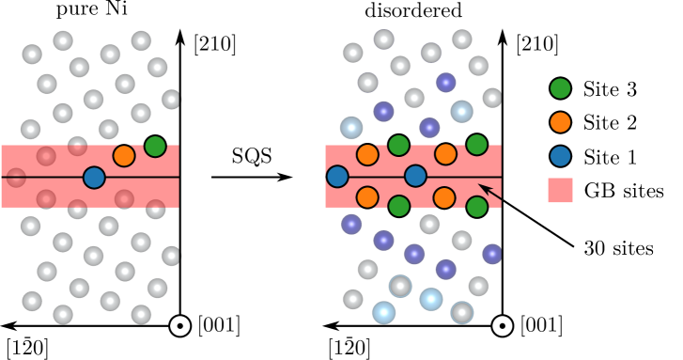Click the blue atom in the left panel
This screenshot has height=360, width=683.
point(94,177)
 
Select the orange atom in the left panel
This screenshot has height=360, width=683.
point(124,156)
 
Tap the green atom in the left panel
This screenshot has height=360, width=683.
point(155,146)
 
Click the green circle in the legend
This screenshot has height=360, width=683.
point(560,88)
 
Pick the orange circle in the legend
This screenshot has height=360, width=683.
point(560,122)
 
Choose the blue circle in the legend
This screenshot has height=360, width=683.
point(560,156)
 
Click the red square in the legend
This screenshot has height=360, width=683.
point(560,190)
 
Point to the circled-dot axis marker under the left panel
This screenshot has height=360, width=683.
point(179,326)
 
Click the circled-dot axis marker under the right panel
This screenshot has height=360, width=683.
point(502,326)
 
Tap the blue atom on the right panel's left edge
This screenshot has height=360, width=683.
point(337,176)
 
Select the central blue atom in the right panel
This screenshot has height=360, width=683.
point(415,176)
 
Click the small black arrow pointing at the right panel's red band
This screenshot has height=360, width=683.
point(489,191)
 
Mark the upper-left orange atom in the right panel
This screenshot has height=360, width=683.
point(367,154)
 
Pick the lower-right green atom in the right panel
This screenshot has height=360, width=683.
point(476,207)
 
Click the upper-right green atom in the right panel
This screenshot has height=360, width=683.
point(476,144)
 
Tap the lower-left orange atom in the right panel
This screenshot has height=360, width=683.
point(367,197)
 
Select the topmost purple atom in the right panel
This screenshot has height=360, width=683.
point(445,83)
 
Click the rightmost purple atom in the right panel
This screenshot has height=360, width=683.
point(492,254)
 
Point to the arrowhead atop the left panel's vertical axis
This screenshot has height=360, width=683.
point(179,38)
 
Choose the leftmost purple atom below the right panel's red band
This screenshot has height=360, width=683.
point(351,224)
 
